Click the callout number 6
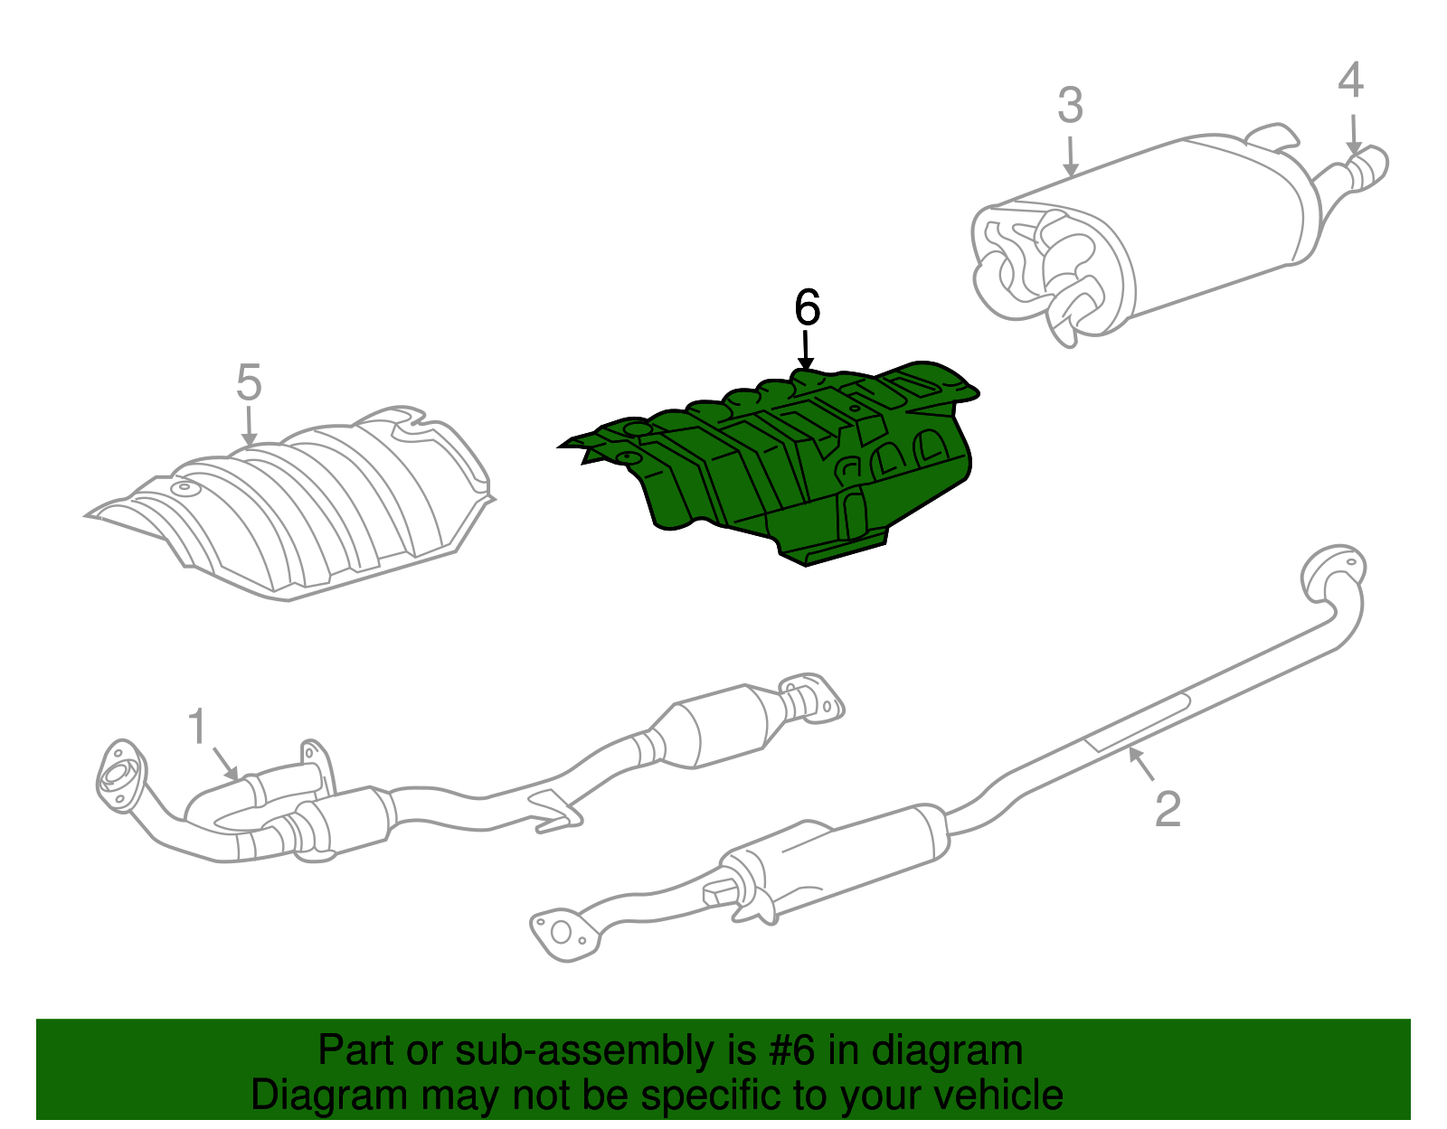click(x=807, y=307)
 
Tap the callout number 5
click(x=249, y=382)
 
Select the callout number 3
click(x=1070, y=106)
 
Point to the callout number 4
click(x=1350, y=80)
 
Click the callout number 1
click(x=197, y=728)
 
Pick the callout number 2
click(x=1168, y=808)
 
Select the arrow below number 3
click(x=1071, y=156)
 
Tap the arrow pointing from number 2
click(x=1141, y=765)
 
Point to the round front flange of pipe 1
click(x=118, y=776)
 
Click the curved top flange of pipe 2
click(x=1332, y=571)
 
